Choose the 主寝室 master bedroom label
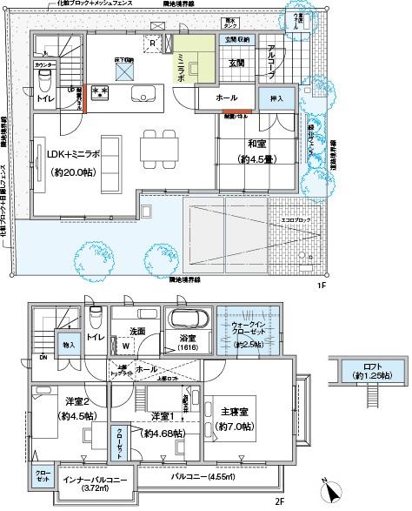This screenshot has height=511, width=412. pyautogui.click(x=235, y=420)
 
